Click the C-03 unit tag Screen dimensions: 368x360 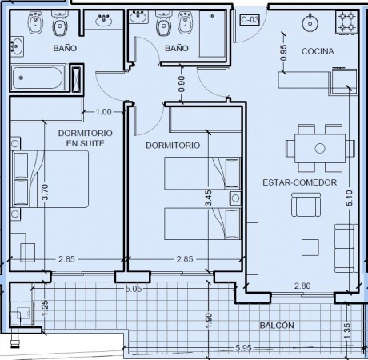[250, 20]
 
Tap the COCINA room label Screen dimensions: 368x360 [318, 51]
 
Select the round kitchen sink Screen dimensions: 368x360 [310, 23]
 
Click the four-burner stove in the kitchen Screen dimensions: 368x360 [346, 22]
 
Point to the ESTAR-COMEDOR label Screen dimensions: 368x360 [300, 182]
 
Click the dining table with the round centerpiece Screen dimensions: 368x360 [320, 148]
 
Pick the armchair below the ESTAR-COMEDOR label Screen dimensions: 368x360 [306, 205]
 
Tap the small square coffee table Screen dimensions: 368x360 [310, 247]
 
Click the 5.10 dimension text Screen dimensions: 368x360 [350, 198]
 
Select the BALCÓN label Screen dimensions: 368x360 [277, 326]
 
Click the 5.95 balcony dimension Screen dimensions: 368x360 [243, 348]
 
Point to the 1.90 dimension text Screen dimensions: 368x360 [209, 321]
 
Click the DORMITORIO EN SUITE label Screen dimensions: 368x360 [86, 138]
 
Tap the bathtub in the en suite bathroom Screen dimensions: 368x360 [38, 78]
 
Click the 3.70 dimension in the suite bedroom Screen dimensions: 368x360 [45, 192]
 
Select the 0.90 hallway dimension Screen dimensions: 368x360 [182, 84]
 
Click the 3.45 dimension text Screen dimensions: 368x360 [209, 198]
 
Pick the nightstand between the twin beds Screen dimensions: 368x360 [235, 198]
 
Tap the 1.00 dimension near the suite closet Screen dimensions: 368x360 [103, 112]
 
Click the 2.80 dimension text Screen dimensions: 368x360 [302, 286]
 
